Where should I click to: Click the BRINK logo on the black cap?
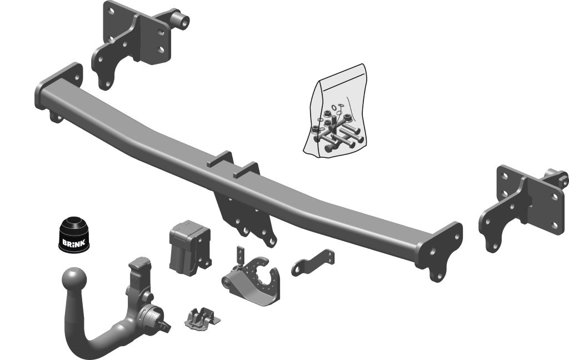coord(74,243)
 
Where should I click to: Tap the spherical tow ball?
coord(74,280)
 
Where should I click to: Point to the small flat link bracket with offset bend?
coord(313,263)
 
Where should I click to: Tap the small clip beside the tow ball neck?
coord(202,318)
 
